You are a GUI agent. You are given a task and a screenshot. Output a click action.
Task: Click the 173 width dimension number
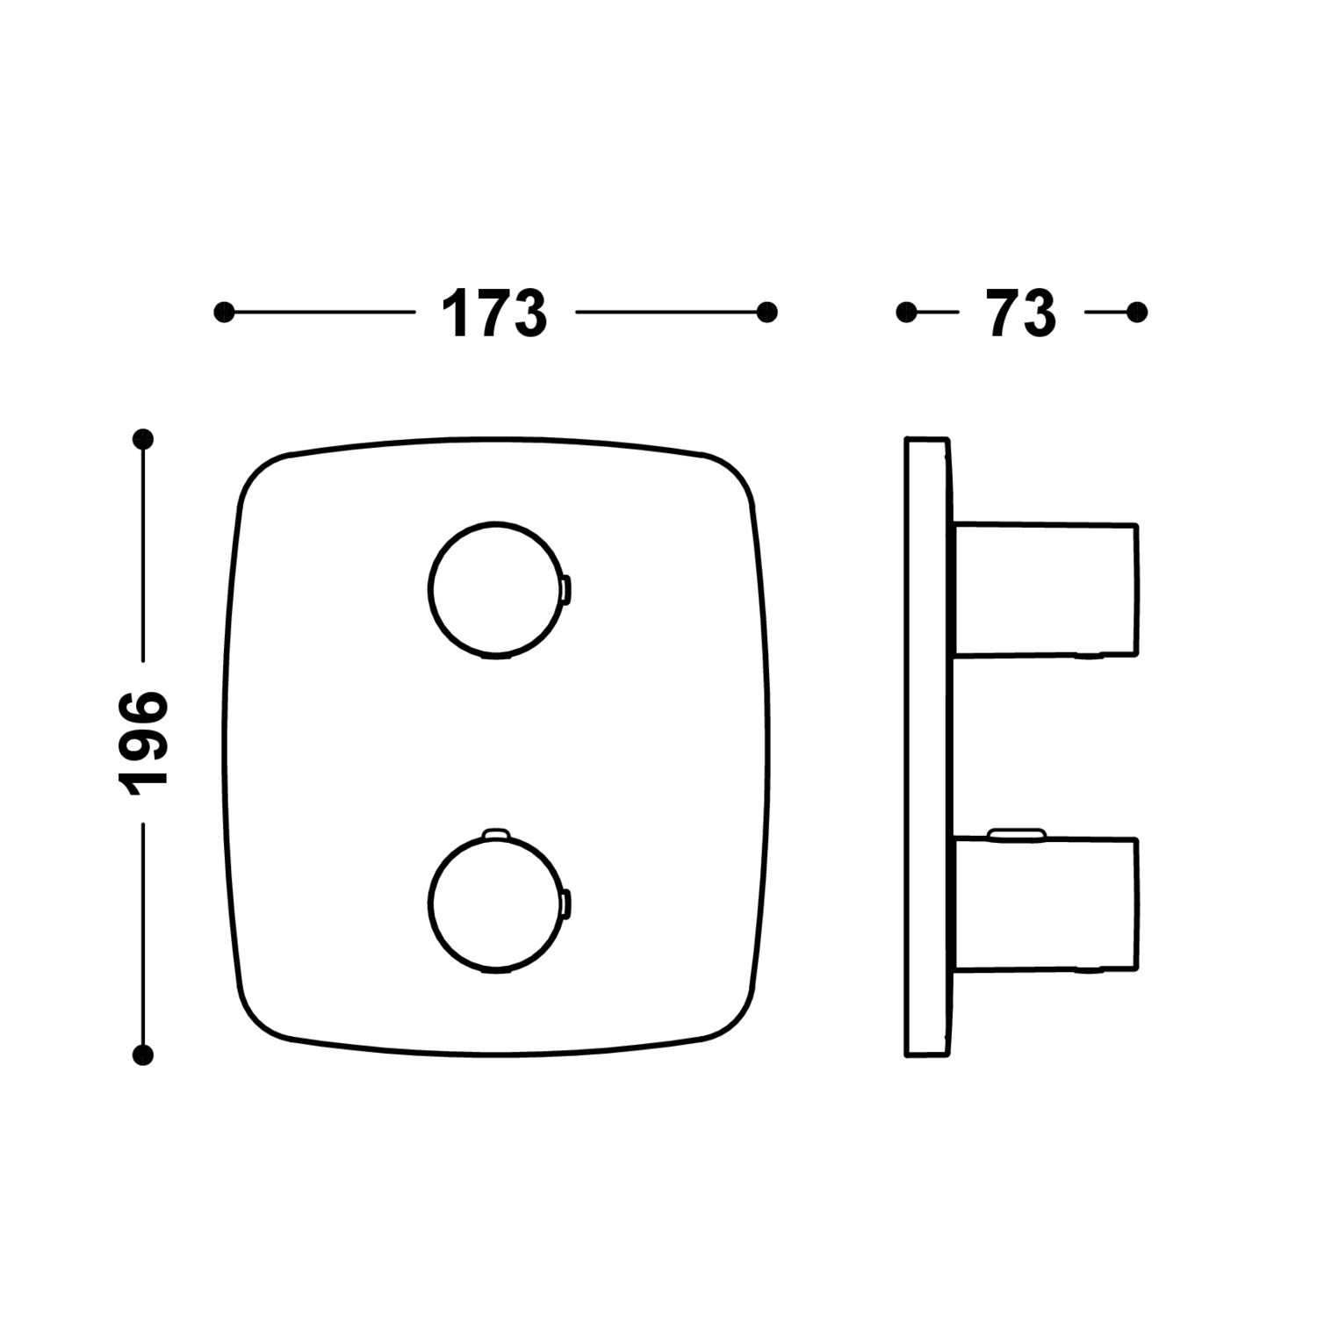click(494, 313)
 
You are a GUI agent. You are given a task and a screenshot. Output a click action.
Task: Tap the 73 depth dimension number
click(1022, 313)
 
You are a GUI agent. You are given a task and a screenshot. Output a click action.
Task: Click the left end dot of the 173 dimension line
click(225, 312)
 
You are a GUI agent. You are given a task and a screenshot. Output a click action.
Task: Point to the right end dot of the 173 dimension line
click(767, 312)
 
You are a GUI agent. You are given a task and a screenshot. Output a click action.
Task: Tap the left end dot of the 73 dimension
click(907, 312)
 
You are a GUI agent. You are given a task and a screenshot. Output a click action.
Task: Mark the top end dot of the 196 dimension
click(142, 439)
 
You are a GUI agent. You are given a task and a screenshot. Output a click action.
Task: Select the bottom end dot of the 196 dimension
click(142, 1054)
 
